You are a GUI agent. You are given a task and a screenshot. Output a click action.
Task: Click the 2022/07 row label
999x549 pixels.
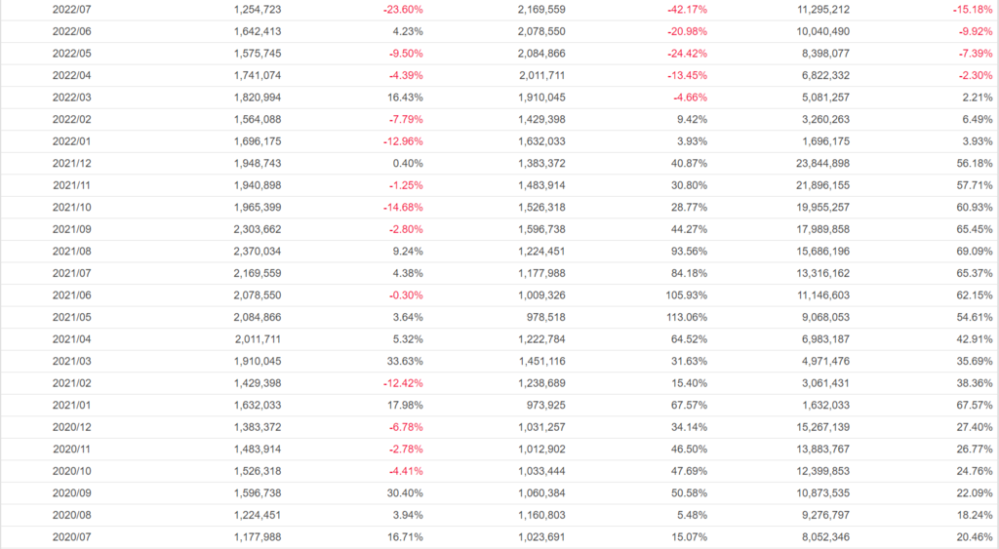[x=71, y=9]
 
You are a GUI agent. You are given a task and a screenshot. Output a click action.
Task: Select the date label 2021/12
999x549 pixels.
[x=71, y=163]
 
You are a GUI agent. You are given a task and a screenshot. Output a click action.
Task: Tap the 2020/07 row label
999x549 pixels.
[x=71, y=536]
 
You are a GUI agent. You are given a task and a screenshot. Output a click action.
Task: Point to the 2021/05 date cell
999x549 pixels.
[x=71, y=317]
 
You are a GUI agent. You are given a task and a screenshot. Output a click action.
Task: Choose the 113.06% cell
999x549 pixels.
[x=685, y=317]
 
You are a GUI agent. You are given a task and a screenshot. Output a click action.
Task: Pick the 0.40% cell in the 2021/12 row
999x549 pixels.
[x=407, y=163]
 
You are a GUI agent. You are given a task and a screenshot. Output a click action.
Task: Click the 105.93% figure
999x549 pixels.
[x=685, y=294]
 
